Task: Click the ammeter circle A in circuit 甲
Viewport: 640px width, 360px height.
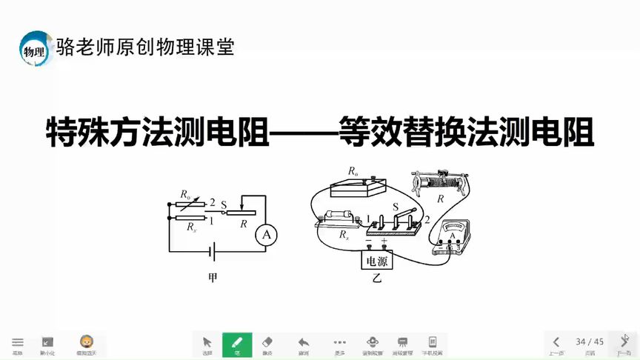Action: tap(266, 236)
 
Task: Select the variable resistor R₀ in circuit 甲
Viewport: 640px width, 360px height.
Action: tap(188, 205)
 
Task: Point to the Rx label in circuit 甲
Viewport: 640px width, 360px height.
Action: tap(192, 227)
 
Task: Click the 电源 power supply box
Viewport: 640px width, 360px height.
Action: tap(376, 261)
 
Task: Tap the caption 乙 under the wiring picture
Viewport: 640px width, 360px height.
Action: tap(376, 279)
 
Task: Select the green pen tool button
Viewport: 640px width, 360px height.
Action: tap(237, 344)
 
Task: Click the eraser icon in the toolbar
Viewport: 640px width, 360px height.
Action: tap(268, 344)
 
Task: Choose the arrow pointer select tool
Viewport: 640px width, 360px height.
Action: tap(207, 344)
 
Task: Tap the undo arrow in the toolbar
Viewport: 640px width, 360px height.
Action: tap(303, 344)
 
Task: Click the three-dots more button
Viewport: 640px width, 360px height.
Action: tap(339, 344)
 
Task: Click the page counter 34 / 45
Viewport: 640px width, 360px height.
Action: tap(590, 341)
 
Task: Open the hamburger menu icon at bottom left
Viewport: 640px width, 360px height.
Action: tap(17, 344)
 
